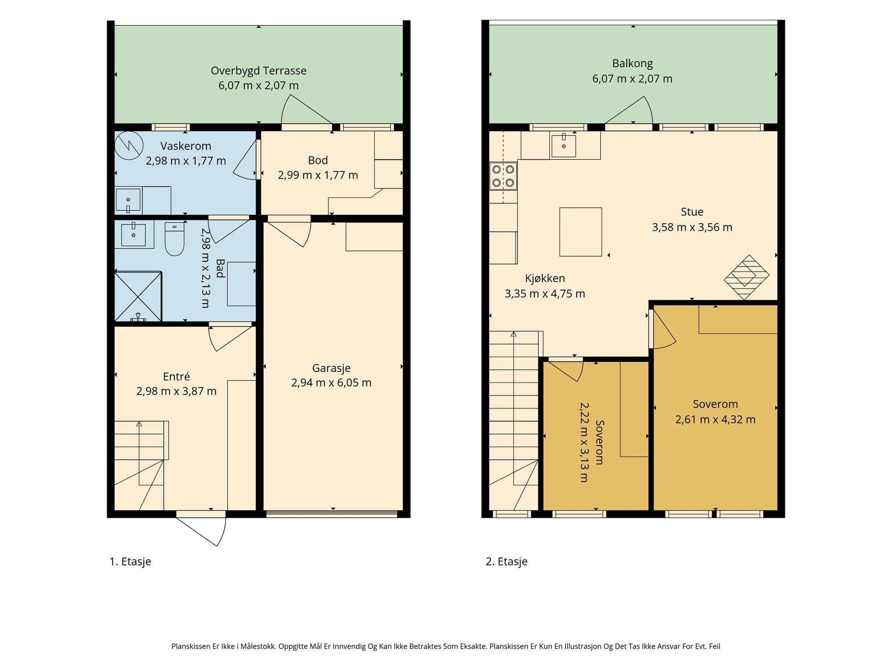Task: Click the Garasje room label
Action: click(x=331, y=368)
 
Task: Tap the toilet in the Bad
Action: click(x=175, y=239)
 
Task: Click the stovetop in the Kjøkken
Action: click(x=503, y=176)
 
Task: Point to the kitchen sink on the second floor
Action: click(x=564, y=145)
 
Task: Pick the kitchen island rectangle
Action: click(x=581, y=232)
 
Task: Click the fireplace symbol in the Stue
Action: click(x=747, y=277)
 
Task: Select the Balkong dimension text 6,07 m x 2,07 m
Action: click(x=632, y=79)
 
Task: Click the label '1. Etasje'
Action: click(x=130, y=561)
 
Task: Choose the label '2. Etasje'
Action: click(x=507, y=561)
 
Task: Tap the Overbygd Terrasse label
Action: click(x=259, y=71)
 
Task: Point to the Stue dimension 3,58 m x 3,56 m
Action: click(x=692, y=227)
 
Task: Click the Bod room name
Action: click(x=318, y=160)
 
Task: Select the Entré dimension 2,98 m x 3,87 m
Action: click(x=176, y=391)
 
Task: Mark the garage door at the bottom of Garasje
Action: click(x=332, y=514)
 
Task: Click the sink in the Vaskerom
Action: click(x=128, y=201)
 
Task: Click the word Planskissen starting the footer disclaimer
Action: click(x=191, y=647)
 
